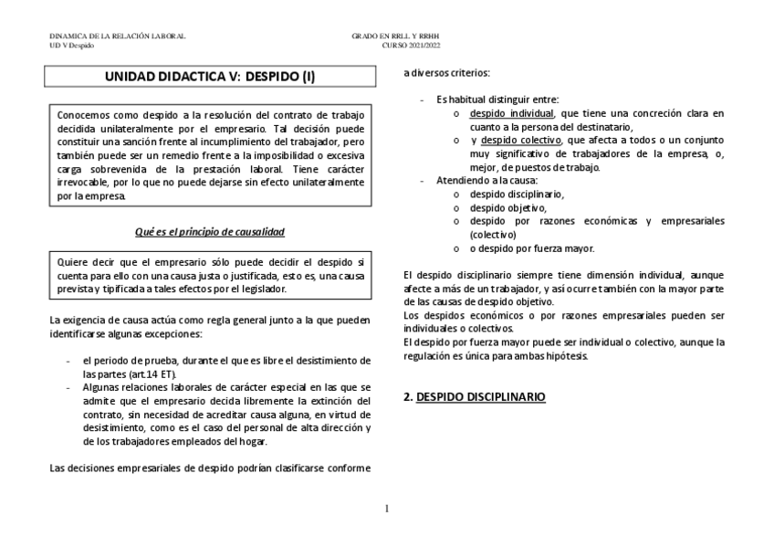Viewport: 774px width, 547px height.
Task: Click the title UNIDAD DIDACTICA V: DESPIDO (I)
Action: [210, 79]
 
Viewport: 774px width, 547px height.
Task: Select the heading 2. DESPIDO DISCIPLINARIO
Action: [474, 398]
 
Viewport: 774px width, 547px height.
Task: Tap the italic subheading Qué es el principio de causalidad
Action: [210, 232]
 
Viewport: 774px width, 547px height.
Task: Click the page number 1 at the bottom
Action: [386, 508]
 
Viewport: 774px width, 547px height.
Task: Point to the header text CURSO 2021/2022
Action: [411, 44]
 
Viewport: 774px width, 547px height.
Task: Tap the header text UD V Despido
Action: [71, 44]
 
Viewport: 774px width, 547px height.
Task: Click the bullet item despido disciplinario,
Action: [517, 195]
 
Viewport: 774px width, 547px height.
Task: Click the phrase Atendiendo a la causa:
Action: [478, 181]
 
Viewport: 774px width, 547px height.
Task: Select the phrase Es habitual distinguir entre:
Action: [497, 100]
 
